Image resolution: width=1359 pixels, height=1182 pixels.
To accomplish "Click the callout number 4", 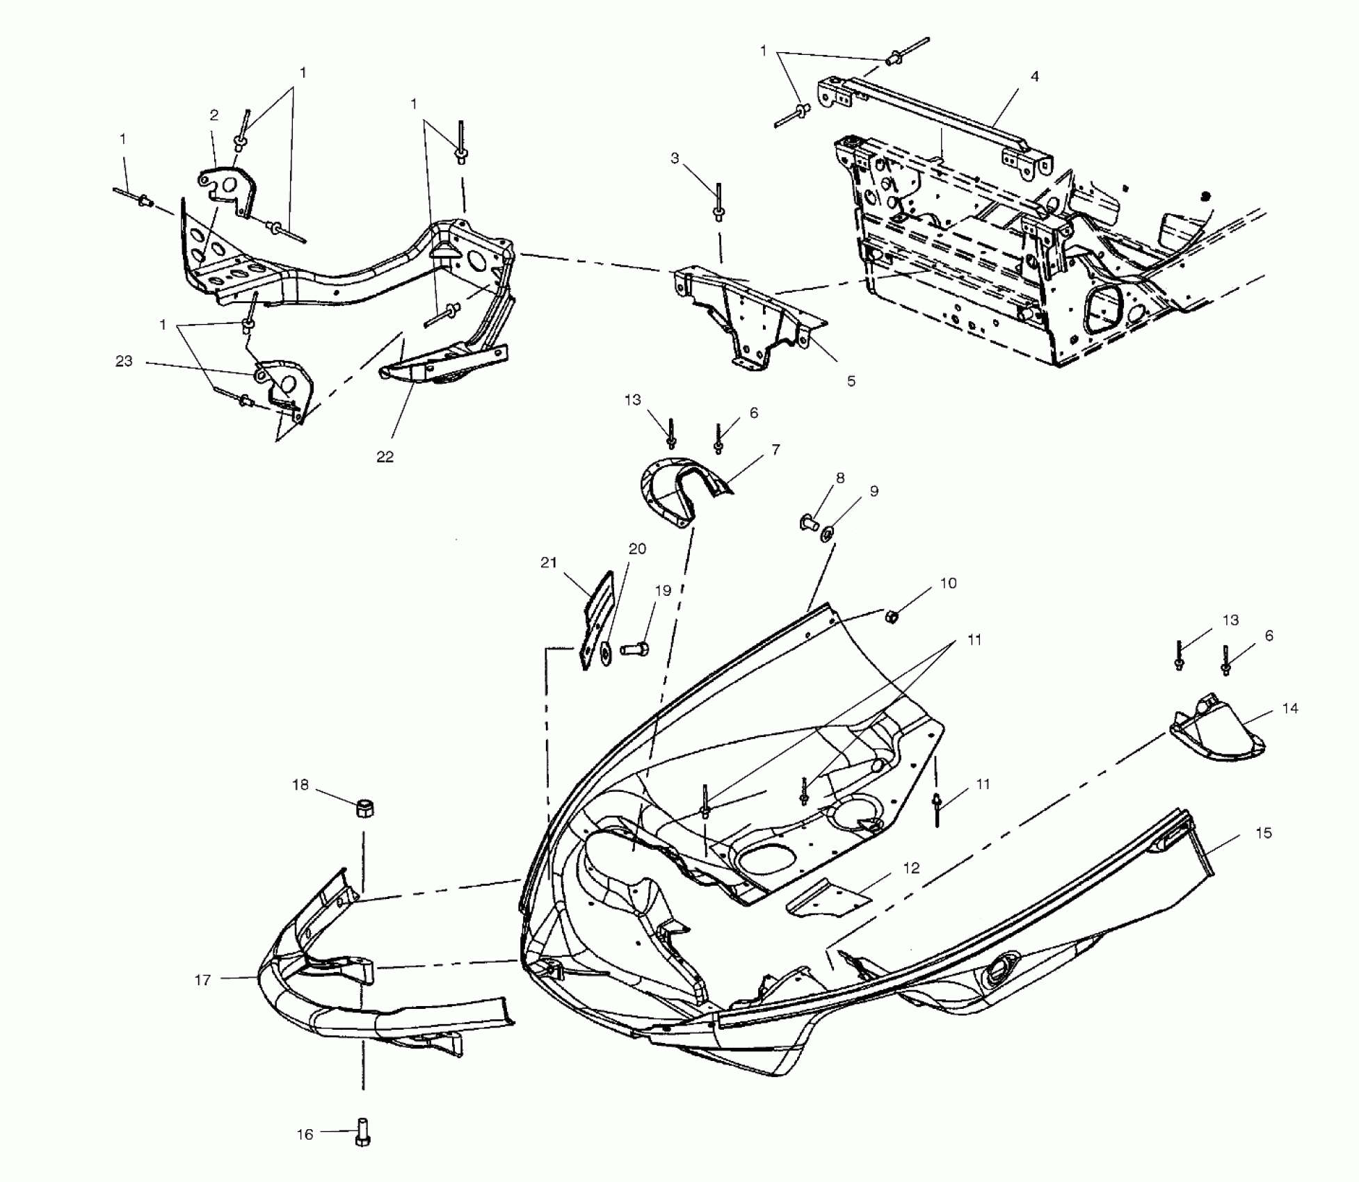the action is click(x=1034, y=76).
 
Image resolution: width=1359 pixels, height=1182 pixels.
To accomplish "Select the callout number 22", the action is click(x=385, y=457).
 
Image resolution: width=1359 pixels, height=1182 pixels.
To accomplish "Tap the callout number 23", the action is click(x=124, y=362).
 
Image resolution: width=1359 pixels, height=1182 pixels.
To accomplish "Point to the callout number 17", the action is click(x=202, y=980).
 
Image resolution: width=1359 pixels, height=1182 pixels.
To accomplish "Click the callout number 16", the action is click(x=305, y=1135).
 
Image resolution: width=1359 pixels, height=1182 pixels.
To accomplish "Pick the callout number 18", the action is click(x=300, y=785).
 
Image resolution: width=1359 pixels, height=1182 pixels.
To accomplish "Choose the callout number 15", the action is click(x=1264, y=833).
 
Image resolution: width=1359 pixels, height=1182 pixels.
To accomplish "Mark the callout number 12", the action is click(x=911, y=868).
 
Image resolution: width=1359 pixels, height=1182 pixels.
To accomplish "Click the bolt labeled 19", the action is click(x=634, y=649).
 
